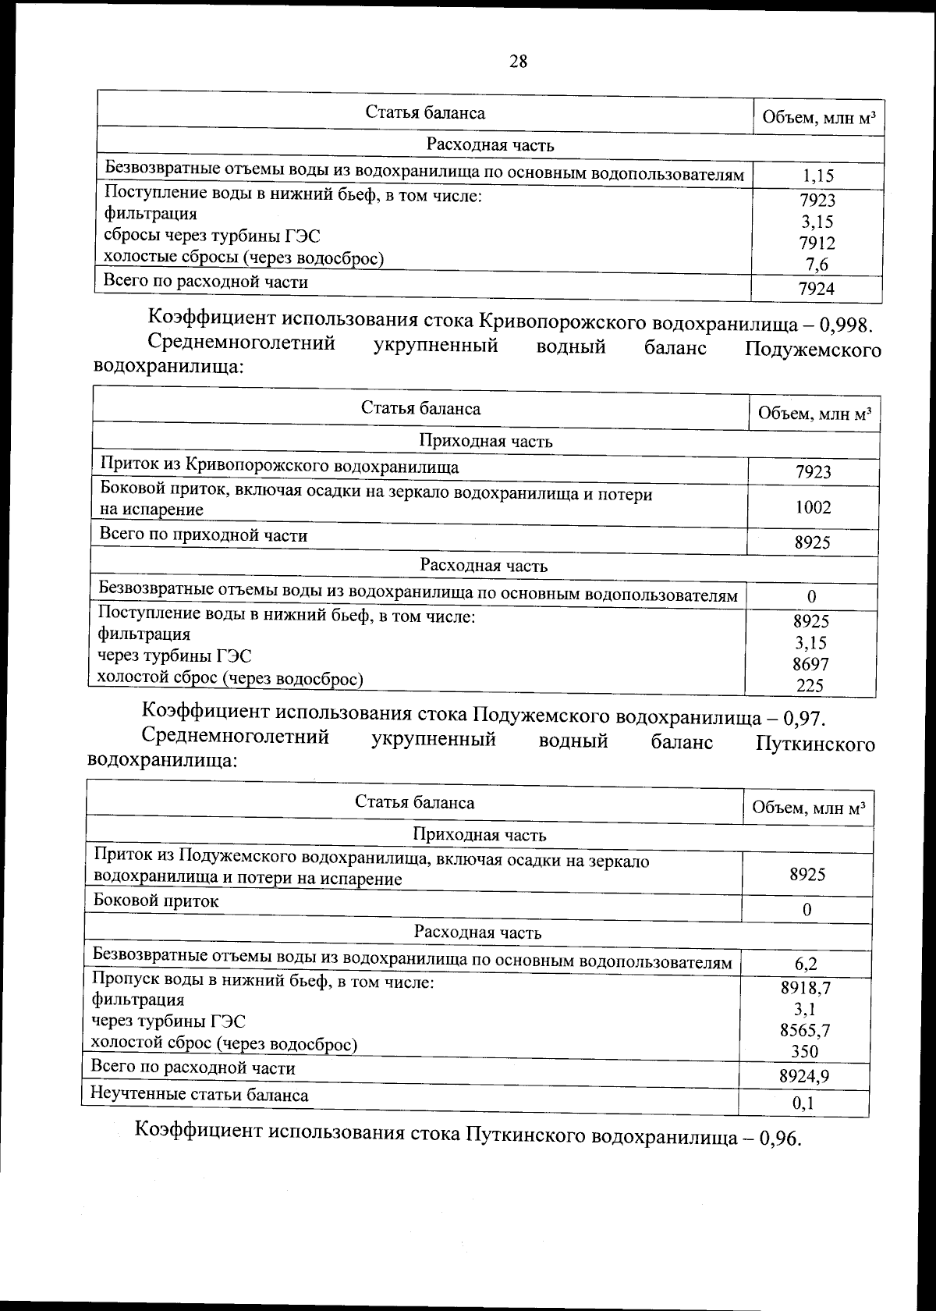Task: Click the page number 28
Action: pyautogui.click(x=518, y=61)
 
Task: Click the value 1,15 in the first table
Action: pyautogui.click(x=817, y=177)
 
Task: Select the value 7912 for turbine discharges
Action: pyautogui.click(x=817, y=243)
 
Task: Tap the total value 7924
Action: pyautogui.click(x=817, y=290)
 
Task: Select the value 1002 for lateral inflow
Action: pyautogui.click(x=813, y=507)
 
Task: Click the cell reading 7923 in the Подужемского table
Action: pyautogui.click(x=813, y=471)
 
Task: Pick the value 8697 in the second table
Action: pyautogui.click(x=811, y=665)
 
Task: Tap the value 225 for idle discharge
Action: pyautogui.click(x=810, y=686)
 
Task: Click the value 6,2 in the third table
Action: pyautogui.click(x=807, y=964)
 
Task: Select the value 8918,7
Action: pyautogui.click(x=806, y=988)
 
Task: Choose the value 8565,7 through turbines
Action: pyautogui.click(x=806, y=1030)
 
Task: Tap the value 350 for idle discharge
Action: pyautogui.click(x=805, y=1051)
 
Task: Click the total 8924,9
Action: pyautogui.click(x=804, y=1077)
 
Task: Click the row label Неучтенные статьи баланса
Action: pyautogui.click(x=200, y=1095)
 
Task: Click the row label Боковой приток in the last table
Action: pyautogui.click(x=156, y=901)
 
